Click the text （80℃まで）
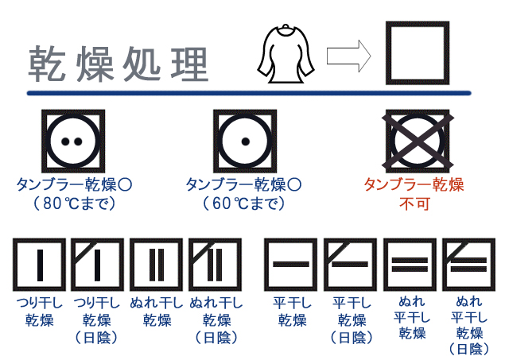[x=74, y=203]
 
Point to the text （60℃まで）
[x=243, y=203]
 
